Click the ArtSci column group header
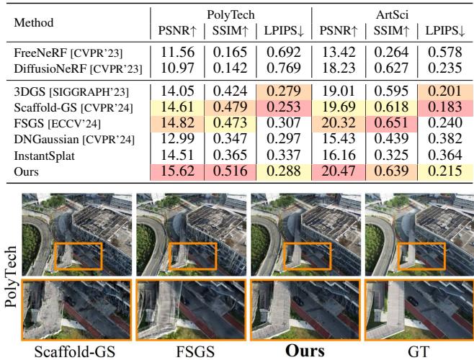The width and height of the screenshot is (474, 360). [392, 13]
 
